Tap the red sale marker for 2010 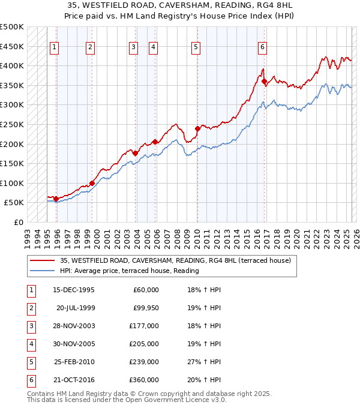pyautogui.click(x=197, y=128)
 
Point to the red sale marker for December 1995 pyautogui.click(x=56, y=199)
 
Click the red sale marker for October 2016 pyautogui.click(x=264, y=81)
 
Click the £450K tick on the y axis pyautogui.click(x=12, y=46)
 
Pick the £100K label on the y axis pyautogui.click(x=12, y=183)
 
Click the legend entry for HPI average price pyautogui.click(x=129, y=271)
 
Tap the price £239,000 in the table pyautogui.click(x=145, y=362)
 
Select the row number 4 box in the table pyautogui.click(x=30, y=344)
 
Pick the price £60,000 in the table pyautogui.click(x=146, y=289)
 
